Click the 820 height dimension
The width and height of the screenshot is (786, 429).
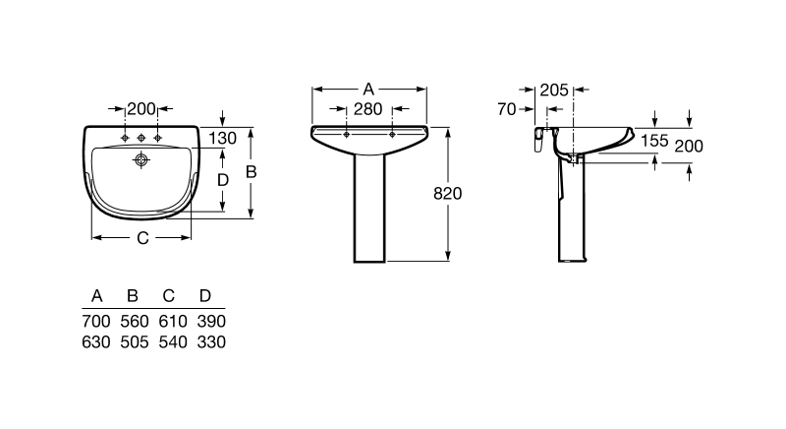click(447, 193)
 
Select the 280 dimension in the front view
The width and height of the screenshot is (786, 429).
click(367, 109)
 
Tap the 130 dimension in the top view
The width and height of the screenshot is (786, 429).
click(223, 138)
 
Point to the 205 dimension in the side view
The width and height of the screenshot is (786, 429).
click(554, 91)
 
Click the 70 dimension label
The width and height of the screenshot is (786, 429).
click(507, 109)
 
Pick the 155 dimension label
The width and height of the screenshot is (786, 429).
click(654, 141)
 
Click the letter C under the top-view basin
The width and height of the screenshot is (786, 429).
click(142, 238)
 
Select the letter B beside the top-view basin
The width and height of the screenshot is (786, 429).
click(252, 172)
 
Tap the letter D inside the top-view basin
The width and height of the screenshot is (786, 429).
click(223, 180)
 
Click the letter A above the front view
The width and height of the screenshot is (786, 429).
click(368, 90)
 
